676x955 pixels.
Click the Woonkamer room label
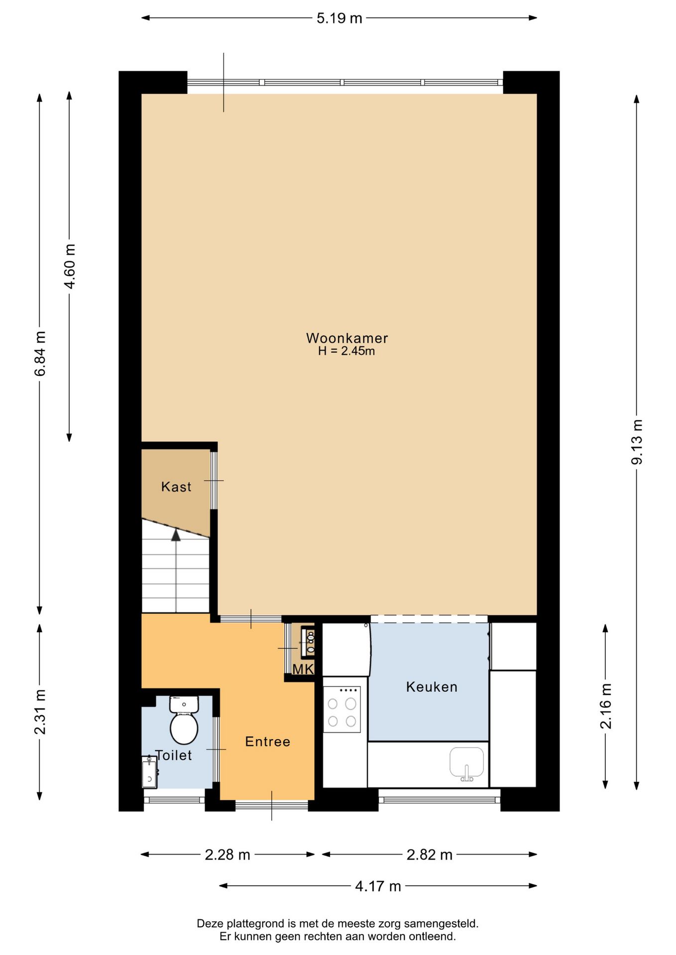click(347, 338)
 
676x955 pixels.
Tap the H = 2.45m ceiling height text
click(346, 351)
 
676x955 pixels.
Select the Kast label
click(176, 486)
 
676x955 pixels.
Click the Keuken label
click(432, 687)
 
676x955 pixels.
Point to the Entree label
click(268, 742)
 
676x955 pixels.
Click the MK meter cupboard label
click(303, 669)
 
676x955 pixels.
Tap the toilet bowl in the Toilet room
click(184, 720)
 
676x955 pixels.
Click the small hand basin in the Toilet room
click(149, 772)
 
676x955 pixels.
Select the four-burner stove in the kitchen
click(342, 709)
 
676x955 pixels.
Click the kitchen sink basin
click(467, 762)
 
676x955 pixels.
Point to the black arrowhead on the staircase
click(176, 535)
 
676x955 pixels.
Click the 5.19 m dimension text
click(339, 18)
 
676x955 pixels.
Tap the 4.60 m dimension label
click(70, 266)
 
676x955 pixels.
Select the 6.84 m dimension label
click(40, 354)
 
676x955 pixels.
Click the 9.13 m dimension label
click(637, 442)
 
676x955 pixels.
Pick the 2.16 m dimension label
click(605, 706)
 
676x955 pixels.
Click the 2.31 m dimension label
click(40, 712)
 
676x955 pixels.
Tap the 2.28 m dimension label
click(227, 855)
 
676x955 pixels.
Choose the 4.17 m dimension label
click(378, 886)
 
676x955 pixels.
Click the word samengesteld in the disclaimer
click(441, 924)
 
